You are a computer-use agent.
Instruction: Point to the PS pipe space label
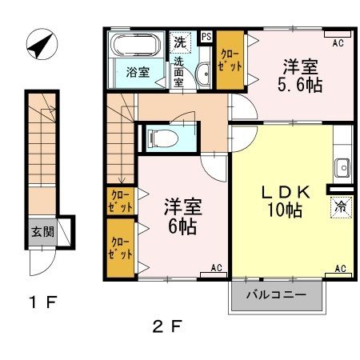click(206, 37)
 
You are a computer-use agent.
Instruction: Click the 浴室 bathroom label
click(137, 72)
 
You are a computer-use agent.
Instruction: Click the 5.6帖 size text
click(302, 83)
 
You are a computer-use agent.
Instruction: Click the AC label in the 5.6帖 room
click(338, 42)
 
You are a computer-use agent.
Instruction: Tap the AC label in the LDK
click(339, 268)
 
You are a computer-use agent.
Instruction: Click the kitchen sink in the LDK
click(342, 169)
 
